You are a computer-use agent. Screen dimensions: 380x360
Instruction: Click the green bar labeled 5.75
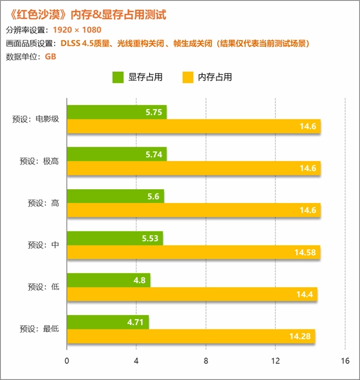coord(117,113)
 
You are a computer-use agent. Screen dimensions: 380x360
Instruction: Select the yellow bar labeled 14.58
coord(193,252)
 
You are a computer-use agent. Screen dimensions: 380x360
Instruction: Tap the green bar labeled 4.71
coord(108,323)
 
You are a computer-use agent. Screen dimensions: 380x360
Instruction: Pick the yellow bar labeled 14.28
coord(191,336)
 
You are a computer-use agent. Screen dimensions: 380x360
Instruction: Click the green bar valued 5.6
coord(116,196)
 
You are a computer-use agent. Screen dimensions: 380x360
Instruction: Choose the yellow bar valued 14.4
coord(192,295)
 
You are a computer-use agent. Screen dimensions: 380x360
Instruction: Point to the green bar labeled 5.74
coord(117,154)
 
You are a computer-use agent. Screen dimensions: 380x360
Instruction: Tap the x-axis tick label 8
coord(206,361)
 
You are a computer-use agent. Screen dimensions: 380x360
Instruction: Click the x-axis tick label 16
coord(345,361)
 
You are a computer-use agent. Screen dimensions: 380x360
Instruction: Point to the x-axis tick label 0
coord(67,361)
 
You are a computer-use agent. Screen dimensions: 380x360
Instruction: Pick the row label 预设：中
coord(44,245)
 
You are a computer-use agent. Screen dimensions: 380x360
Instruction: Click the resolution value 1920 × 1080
coord(77,30)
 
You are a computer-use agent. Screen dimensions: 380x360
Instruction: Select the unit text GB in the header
coord(50,56)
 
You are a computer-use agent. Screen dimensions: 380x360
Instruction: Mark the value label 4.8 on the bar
coord(139,280)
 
